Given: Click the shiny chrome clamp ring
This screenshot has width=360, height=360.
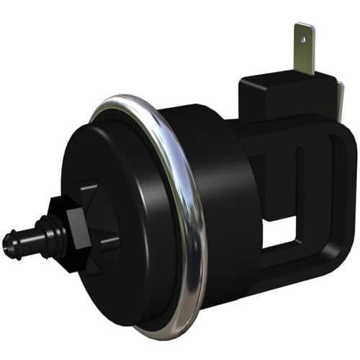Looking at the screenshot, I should [189, 216].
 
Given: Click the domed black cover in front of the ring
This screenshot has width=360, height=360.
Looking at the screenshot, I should [122, 216].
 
